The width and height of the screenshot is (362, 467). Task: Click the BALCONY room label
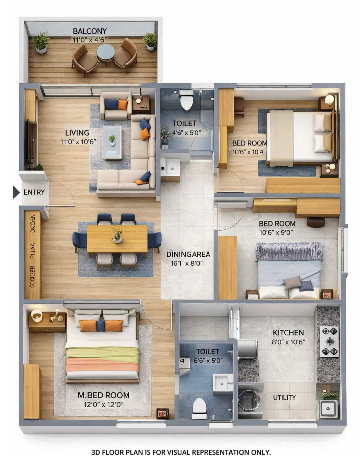tap(89, 31)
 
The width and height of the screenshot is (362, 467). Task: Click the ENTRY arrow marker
tap(16, 192)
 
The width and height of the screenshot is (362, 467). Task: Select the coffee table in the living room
tap(112, 142)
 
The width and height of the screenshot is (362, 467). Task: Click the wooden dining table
tap(117, 239)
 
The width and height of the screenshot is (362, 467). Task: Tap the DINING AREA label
tap(188, 254)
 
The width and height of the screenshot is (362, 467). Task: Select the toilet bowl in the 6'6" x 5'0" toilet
tap(199, 406)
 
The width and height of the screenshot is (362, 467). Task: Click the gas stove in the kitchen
tap(329, 341)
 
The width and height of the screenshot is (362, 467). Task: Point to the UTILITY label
tap(284, 397)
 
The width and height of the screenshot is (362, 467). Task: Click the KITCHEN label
tap(288, 332)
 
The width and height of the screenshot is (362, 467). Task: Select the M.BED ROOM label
tap(103, 395)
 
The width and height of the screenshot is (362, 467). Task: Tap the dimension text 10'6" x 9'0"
tap(276, 232)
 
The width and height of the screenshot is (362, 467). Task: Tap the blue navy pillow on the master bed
tap(101, 326)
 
